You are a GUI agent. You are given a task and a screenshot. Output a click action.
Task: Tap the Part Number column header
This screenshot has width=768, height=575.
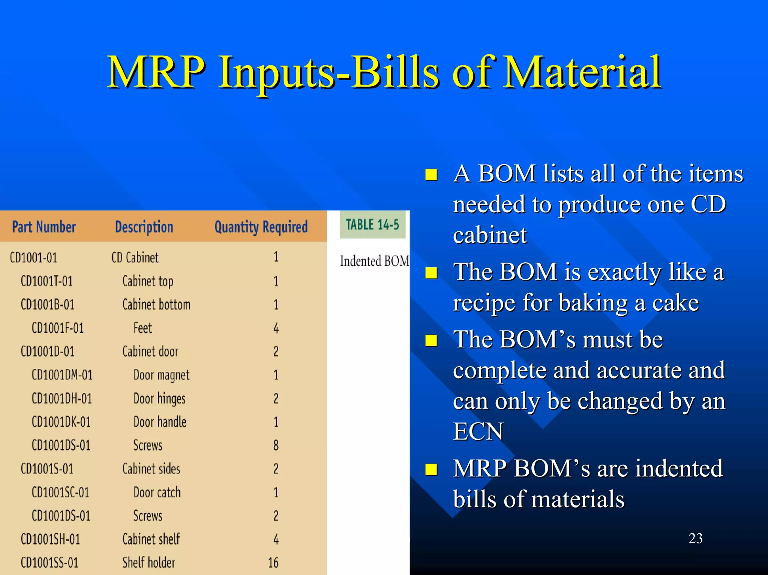pos(44,227)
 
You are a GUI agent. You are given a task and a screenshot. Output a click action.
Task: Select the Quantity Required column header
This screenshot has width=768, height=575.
pos(261,227)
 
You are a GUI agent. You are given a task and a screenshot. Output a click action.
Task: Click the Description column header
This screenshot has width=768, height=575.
pos(144,227)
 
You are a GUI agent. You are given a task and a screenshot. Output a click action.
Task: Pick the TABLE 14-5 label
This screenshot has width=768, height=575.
pos(372,225)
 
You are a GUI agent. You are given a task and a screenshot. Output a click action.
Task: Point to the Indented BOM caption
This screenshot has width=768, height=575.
pos(374,261)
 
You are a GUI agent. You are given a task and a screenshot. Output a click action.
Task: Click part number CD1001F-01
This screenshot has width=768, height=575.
pos(57,328)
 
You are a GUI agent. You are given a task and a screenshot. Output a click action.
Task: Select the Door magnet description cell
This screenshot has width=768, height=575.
pos(161,375)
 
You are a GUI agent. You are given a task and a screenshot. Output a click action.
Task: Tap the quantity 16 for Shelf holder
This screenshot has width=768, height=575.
pos(273,563)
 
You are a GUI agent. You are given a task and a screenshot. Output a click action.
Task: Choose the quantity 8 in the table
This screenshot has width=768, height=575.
pos(276,445)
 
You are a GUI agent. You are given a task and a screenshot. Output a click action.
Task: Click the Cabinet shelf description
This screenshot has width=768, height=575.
pos(151,539)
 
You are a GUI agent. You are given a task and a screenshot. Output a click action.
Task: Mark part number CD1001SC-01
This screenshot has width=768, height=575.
pos(60,492)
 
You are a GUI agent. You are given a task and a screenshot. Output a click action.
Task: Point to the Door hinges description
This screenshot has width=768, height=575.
pos(159,399)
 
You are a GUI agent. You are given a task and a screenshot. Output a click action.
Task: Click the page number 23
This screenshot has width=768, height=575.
pos(695,538)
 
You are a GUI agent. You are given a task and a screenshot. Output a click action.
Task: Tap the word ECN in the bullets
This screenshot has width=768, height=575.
pos(478,431)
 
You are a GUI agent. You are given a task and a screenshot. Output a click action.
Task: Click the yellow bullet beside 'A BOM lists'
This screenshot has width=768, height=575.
pos(431,175)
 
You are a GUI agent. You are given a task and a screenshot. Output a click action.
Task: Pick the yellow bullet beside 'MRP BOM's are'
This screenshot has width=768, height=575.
pos(431,469)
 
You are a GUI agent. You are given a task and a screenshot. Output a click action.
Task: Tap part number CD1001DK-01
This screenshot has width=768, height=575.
pos(61,422)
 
